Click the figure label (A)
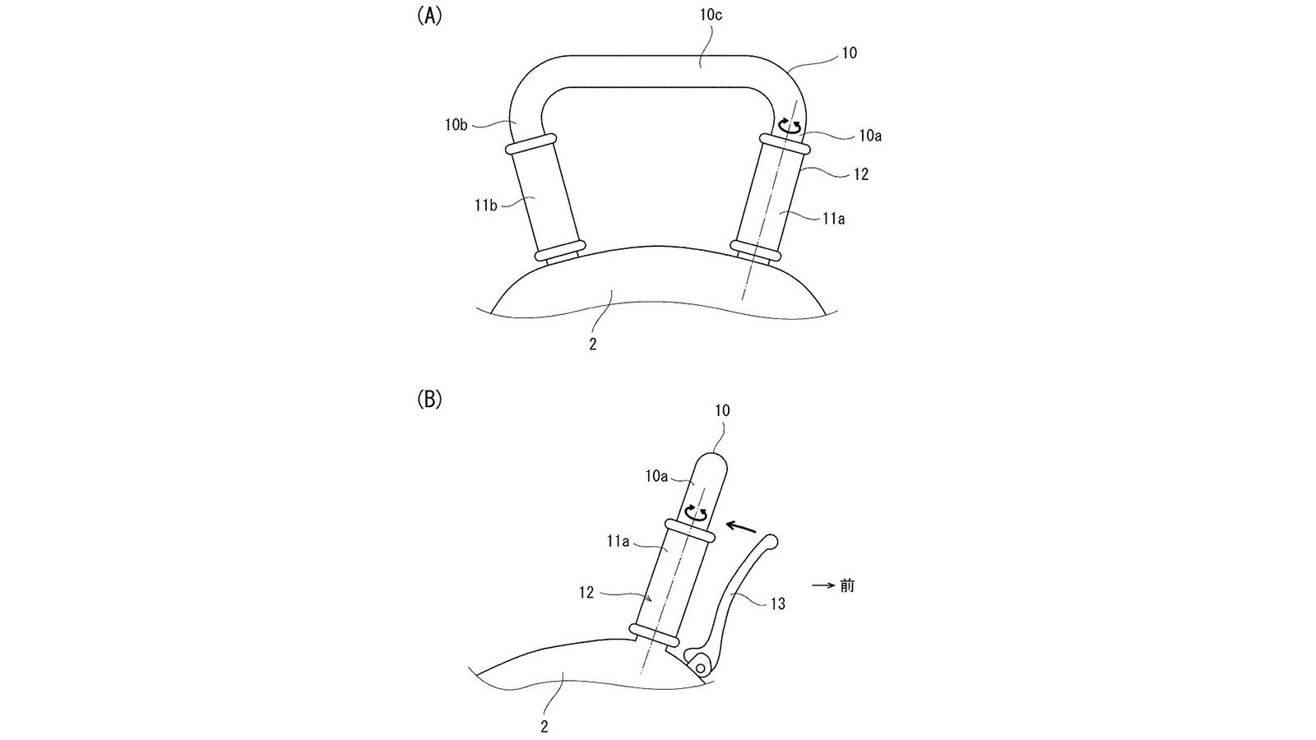coord(429,16)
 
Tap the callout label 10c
coord(711,16)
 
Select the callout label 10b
coord(456,125)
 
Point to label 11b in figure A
coord(486,206)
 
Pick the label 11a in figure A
coord(833,219)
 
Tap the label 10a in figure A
coord(870,136)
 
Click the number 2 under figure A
coord(593,345)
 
